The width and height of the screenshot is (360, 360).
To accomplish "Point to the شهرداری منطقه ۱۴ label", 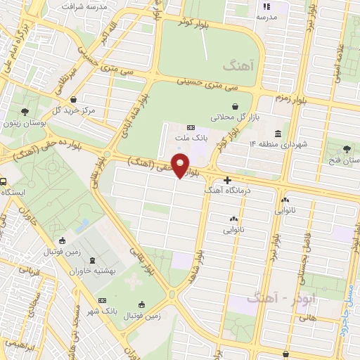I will click(x=279, y=144).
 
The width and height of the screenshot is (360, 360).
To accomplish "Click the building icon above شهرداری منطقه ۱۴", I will click(x=279, y=134).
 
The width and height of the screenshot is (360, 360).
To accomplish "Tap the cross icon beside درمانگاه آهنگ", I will click(x=227, y=180).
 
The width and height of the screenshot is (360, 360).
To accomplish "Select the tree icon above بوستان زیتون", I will click(x=25, y=112).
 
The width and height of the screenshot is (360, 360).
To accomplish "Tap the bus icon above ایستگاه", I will click(x=3, y=180).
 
